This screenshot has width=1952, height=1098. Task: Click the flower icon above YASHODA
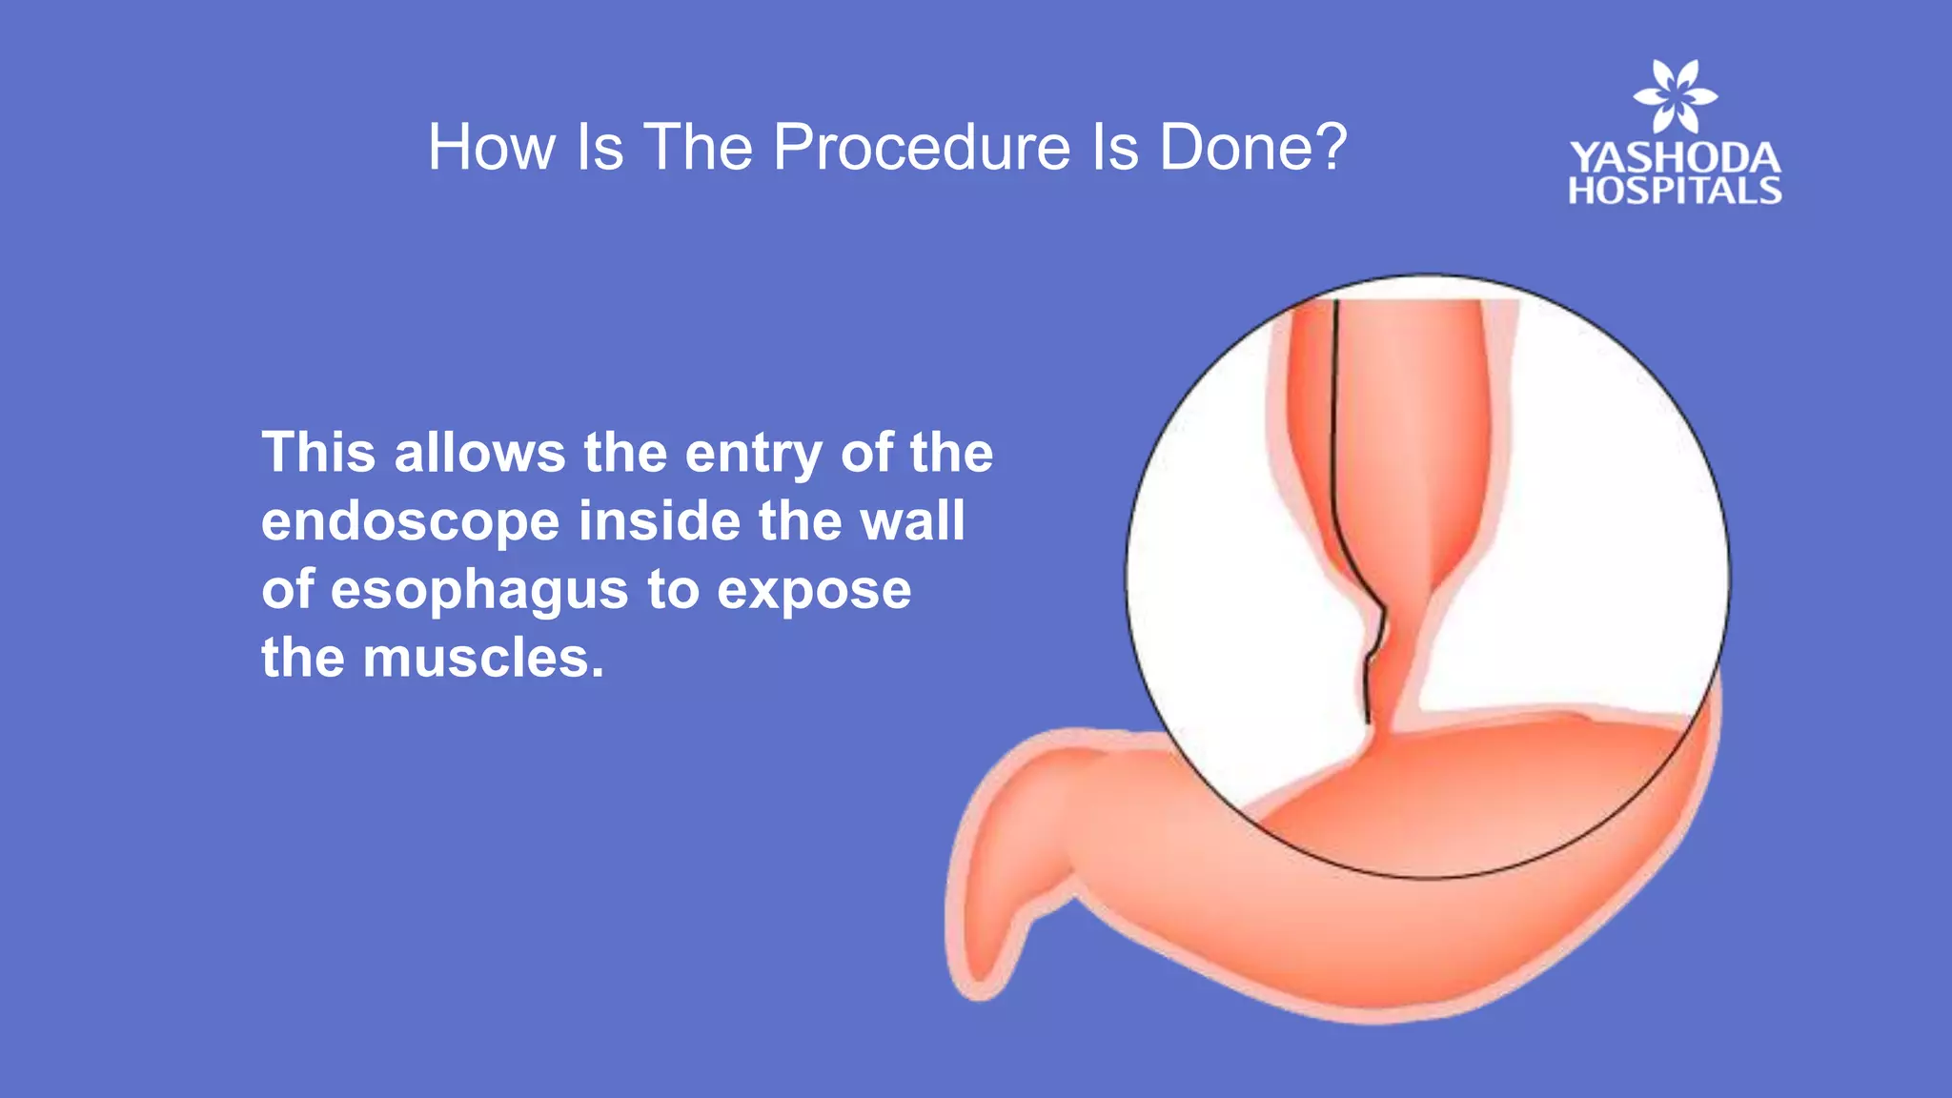pyautogui.click(x=1675, y=96)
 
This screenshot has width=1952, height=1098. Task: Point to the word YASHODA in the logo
pyautogui.click(x=1675, y=158)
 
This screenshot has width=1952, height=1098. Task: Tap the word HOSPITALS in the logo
pyautogui.click(x=1675, y=191)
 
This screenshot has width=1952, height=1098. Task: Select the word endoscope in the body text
pyautogui.click(x=410, y=522)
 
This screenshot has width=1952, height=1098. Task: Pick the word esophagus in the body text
pyautogui.click(x=479, y=591)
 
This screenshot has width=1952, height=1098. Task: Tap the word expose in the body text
pyautogui.click(x=814, y=591)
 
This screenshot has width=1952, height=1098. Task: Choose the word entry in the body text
pyautogui.click(x=753, y=454)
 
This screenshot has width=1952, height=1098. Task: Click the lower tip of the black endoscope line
pyautogui.click(x=1367, y=721)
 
